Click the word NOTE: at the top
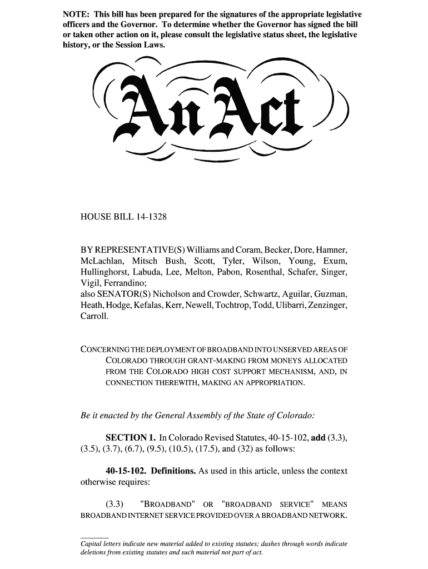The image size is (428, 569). [75, 13]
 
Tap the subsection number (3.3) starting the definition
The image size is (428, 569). [114, 505]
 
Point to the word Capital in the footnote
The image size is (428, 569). [92, 543]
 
